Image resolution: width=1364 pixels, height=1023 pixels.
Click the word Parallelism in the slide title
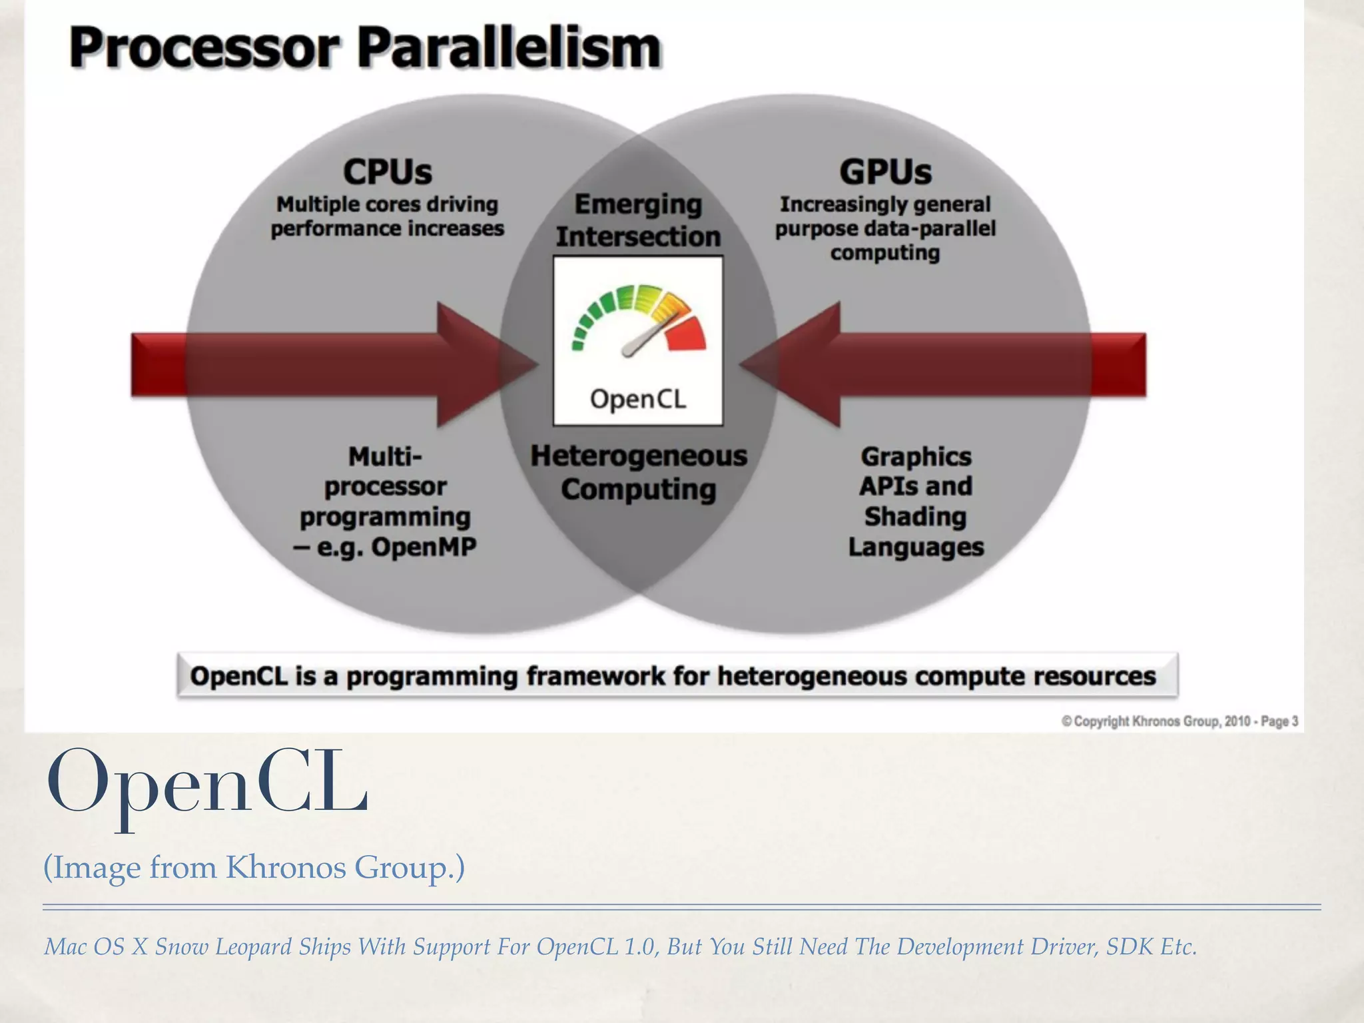pyautogui.click(x=510, y=48)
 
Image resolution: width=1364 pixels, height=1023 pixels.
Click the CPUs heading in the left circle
pyautogui.click(x=387, y=172)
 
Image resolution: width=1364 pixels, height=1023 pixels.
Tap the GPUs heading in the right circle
pyautogui.click(x=885, y=172)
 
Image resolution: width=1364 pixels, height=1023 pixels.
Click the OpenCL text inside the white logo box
pyautogui.click(x=637, y=399)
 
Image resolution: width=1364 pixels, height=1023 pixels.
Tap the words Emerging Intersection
pyautogui.click(x=638, y=220)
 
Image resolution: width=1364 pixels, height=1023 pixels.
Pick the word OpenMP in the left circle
pyautogui.click(x=424, y=547)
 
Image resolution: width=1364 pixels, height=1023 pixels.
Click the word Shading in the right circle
pyautogui.click(x=915, y=516)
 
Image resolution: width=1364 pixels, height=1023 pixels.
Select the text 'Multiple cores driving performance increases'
pyautogui.click(x=387, y=216)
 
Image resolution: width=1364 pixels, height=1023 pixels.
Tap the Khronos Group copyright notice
pyautogui.click(x=1179, y=721)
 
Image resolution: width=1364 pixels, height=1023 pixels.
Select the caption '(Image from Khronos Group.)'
pyautogui.click(x=254, y=867)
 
